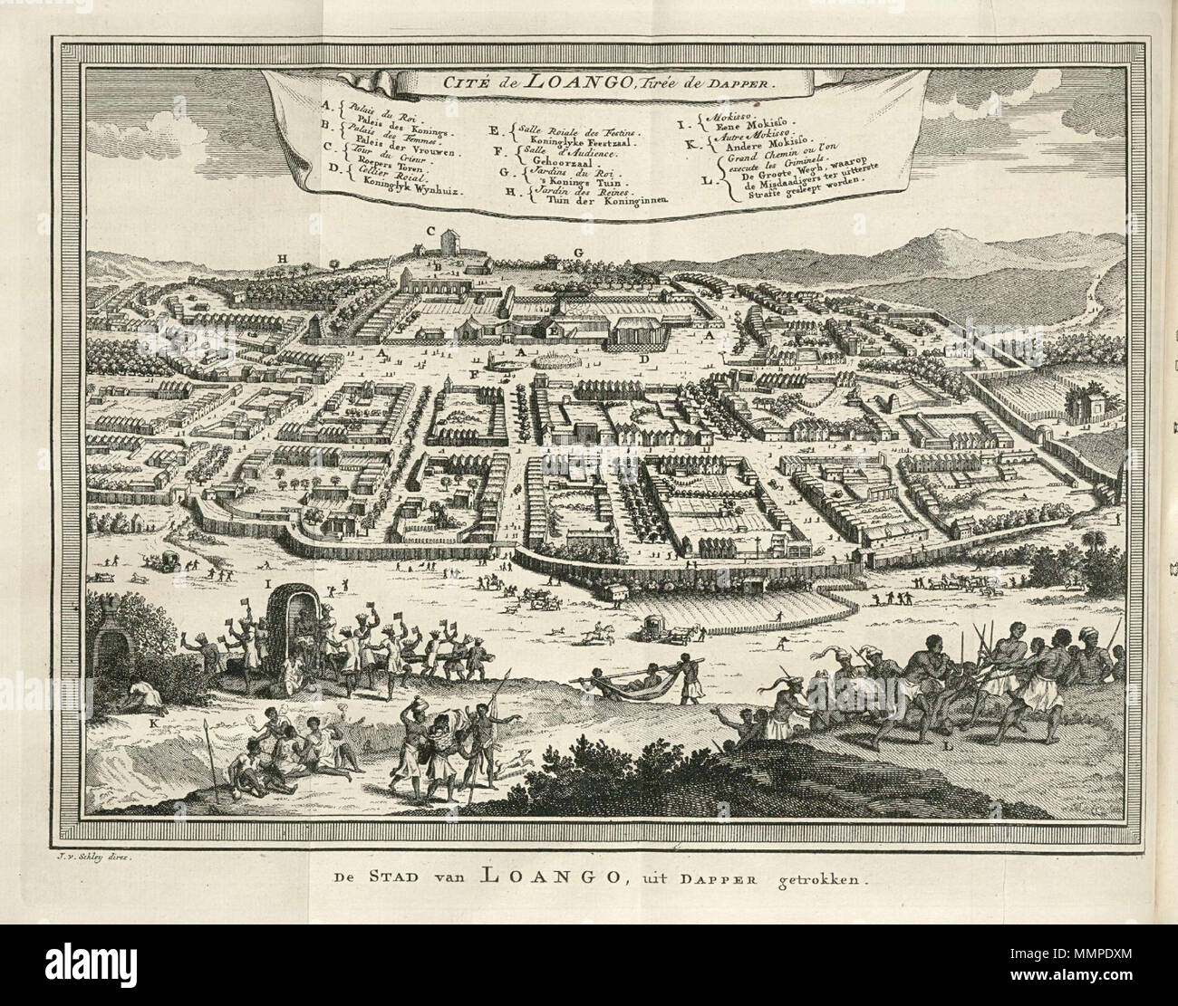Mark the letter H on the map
[283, 259]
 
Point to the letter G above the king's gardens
[576, 251]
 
